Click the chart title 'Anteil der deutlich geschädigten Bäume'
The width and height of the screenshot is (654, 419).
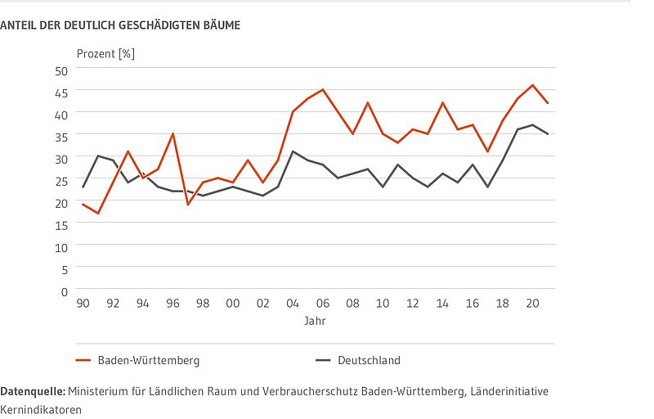click(120, 26)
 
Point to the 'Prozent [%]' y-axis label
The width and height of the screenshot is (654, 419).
click(105, 54)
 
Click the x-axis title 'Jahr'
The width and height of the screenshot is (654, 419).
click(315, 321)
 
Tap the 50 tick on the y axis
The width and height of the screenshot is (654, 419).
click(60, 69)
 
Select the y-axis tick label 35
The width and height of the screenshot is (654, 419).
click(60, 135)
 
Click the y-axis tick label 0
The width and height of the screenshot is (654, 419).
click(64, 290)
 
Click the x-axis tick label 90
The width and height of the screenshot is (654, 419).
click(83, 304)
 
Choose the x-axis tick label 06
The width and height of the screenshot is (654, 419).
click(322, 304)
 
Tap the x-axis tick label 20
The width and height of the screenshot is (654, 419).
click(532, 304)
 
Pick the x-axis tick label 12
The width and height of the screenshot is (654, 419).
click(412, 304)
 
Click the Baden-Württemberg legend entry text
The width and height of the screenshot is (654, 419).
click(149, 360)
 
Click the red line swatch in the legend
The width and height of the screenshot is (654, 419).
click(83, 360)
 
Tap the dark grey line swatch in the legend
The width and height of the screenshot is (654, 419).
click(323, 360)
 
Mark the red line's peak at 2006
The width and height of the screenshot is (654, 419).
click(323, 89)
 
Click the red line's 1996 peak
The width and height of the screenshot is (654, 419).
click(172, 133)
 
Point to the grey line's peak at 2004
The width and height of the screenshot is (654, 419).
click(293, 151)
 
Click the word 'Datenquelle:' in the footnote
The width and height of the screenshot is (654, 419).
click(33, 392)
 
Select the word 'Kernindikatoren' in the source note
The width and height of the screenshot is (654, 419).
click(41, 409)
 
